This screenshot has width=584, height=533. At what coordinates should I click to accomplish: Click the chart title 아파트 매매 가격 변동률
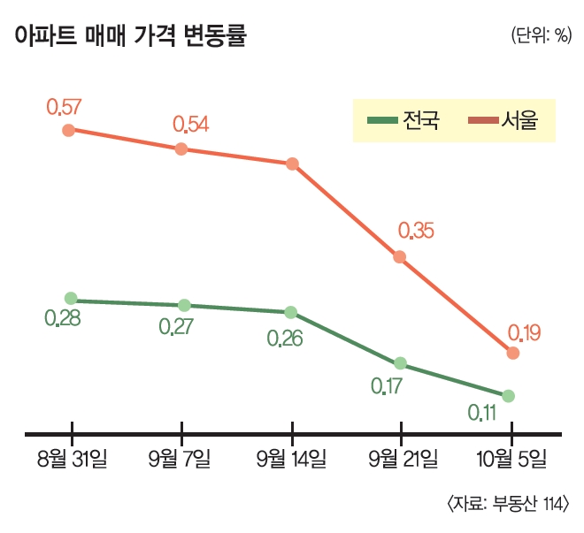click(x=130, y=36)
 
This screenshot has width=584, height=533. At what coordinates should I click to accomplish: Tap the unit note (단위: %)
click(x=539, y=36)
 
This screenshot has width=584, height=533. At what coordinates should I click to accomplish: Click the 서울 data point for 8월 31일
click(x=69, y=130)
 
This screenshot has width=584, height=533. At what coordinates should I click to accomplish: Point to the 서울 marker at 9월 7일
click(x=181, y=148)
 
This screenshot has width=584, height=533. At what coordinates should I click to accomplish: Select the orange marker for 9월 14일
click(x=292, y=164)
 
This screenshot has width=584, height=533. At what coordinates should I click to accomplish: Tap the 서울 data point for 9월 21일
click(x=400, y=257)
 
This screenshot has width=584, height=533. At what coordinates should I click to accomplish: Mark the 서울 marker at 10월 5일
click(x=512, y=353)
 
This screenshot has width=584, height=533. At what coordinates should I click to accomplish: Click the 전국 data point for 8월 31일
click(x=71, y=299)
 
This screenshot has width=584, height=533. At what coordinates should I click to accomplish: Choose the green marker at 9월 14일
click(x=291, y=312)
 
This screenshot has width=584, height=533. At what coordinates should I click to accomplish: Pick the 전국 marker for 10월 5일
click(x=508, y=395)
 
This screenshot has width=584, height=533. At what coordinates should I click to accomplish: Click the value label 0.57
click(x=64, y=107)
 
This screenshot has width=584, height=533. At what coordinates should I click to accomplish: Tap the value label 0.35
click(x=416, y=231)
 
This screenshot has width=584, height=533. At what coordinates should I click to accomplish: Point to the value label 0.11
click(x=482, y=413)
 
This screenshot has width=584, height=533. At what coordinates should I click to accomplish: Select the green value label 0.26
click(x=285, y=338)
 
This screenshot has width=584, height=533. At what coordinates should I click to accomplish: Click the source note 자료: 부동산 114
click(x=508, y=504)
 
